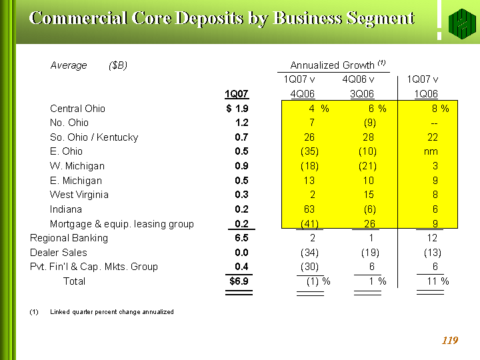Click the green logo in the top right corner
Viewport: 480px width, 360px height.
click(458, 25)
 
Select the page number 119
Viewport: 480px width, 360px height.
click(450, 341)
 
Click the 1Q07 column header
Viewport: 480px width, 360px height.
click(237, 94)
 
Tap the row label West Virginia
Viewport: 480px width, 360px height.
click(79, 195)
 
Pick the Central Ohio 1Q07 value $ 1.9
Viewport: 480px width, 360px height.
click(237, 109)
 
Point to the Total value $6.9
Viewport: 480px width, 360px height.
click(239, 281)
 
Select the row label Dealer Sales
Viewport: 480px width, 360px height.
click(59, 253)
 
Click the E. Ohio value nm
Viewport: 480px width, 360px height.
click(430, 151)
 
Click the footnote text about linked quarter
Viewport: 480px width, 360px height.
click(111, 312)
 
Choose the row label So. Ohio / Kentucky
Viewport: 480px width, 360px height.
click(94, 137)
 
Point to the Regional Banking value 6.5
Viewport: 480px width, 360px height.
click(241, 238)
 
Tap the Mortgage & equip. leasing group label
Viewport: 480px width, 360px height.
click(122, 224)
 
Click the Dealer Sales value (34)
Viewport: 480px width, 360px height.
click(309, 253)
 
